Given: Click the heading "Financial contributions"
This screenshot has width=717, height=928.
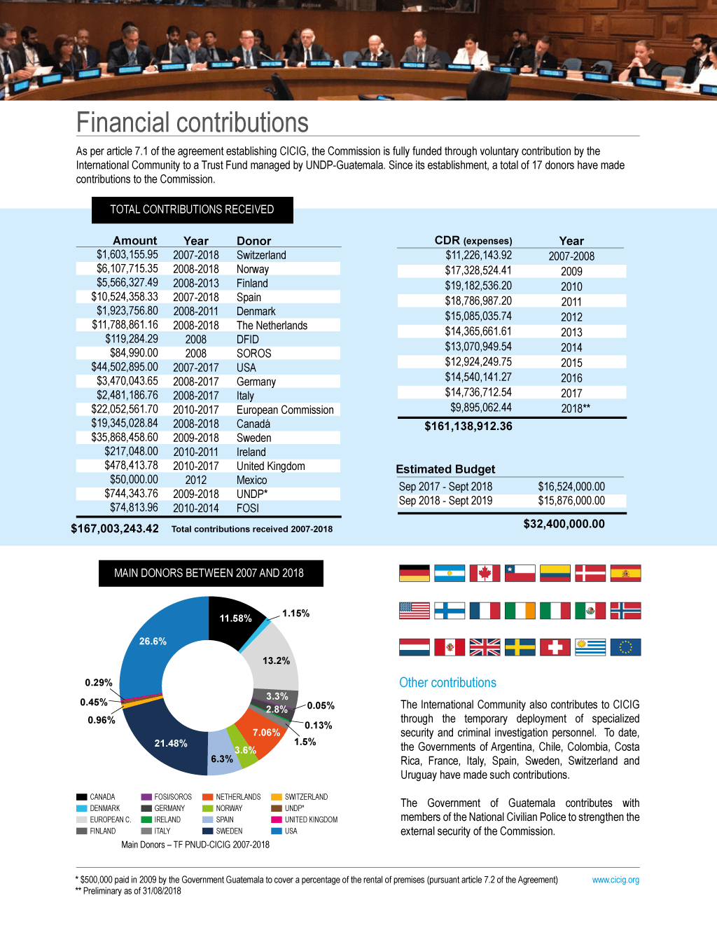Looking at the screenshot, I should point(192,123).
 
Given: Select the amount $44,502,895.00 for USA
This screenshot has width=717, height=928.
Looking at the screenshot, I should point(125,367).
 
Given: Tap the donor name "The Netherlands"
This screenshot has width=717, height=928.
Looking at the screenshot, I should point(272,325).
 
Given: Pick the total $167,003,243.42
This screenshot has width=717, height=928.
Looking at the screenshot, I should point(115,529).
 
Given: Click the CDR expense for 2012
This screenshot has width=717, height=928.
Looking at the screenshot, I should point(478,316).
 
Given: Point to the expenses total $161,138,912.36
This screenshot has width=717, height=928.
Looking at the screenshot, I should point(468,426).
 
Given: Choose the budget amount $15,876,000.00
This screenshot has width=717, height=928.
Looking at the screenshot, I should point(571,501).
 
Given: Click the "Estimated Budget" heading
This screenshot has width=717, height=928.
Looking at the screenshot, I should point(445,469).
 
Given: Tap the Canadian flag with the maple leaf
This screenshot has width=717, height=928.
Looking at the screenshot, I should point(485,573).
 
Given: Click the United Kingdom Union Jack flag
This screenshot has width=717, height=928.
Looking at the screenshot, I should point(485,647).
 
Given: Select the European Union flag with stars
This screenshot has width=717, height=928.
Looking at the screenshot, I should point(625,647).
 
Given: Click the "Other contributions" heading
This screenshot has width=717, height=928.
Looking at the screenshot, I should point(447,683).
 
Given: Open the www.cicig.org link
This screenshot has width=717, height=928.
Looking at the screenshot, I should point(615,880).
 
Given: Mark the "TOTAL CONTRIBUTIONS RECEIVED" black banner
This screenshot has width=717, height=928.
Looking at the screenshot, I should point(192,209).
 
